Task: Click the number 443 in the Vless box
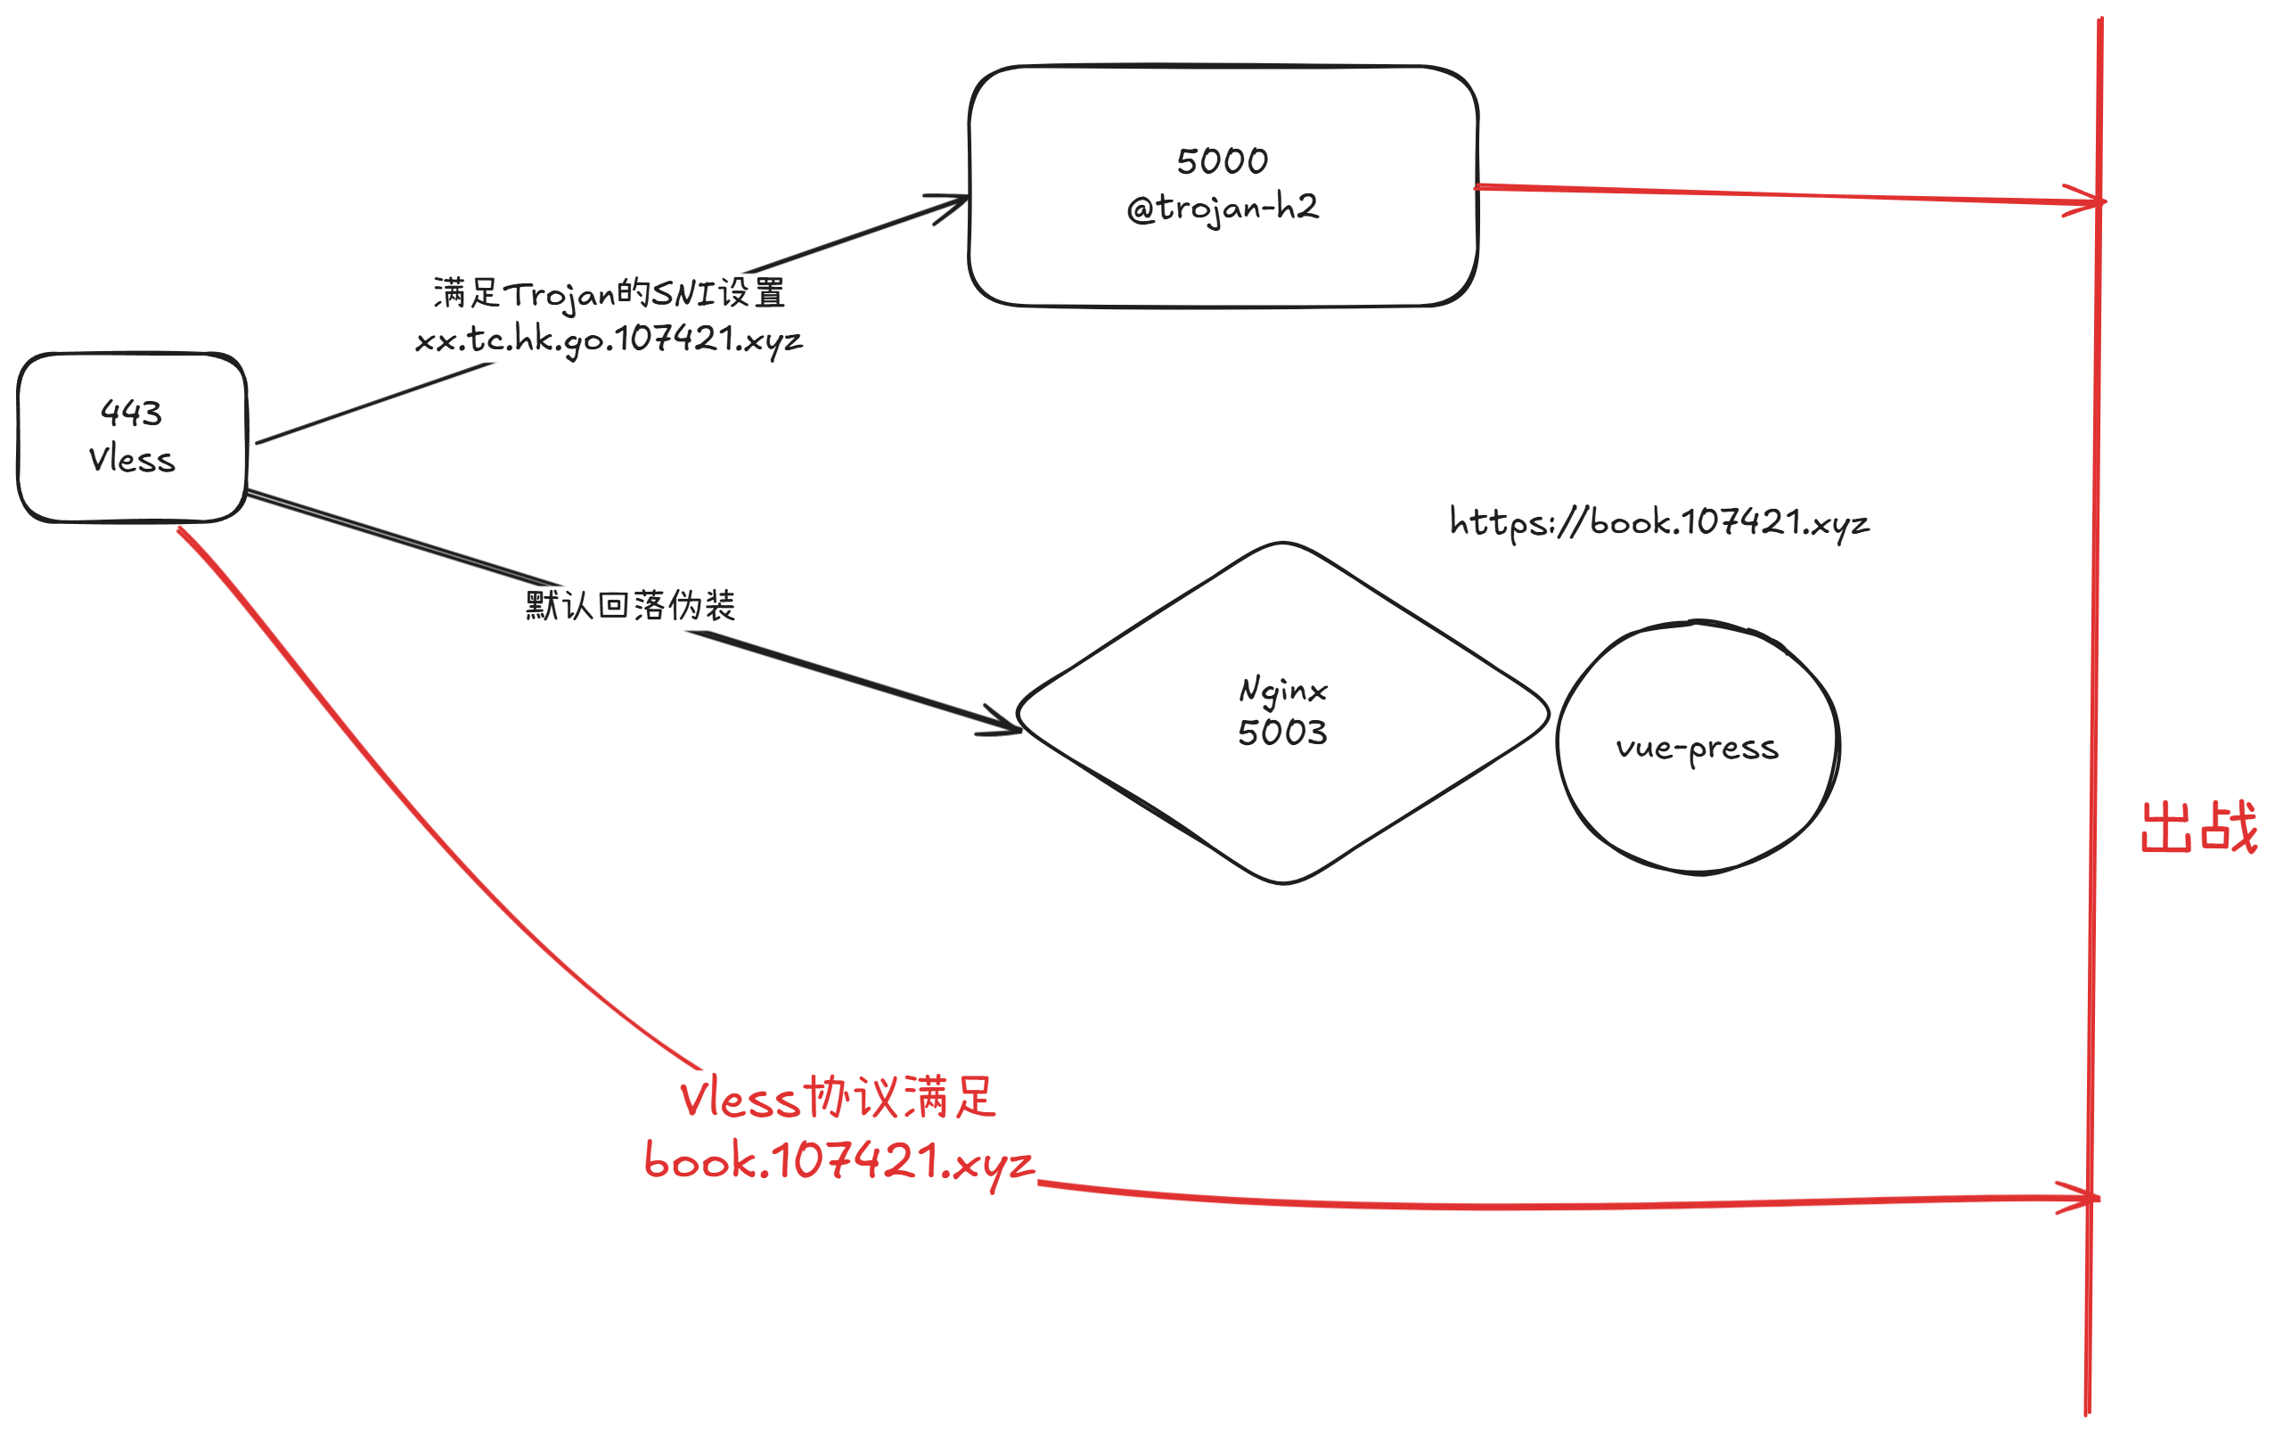point(132,414)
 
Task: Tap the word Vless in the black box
point(132,460)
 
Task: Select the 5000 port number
point(1223,161)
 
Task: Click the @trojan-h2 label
point(1223,208)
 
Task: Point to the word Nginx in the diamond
point(1283,690)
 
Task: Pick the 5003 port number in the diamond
point(1282,733)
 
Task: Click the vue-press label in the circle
point(1697,749)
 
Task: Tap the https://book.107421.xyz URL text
point(1659,522)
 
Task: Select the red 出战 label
point(2198,827)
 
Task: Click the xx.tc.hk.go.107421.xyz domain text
point(610,340)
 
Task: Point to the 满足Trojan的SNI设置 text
point(610,293)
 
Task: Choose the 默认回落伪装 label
point(630,605)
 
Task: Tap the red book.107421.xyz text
point(839,1161)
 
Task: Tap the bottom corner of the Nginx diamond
point(1283,881)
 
